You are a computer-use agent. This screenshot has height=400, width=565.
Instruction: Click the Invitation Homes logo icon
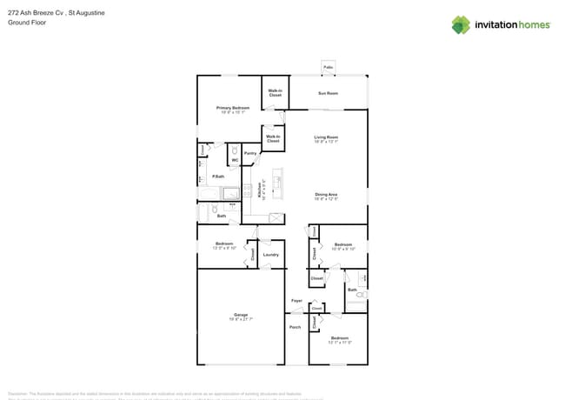pos(461,24)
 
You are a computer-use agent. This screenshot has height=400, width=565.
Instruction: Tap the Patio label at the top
pos(328,67)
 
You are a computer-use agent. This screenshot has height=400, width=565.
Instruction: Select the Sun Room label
pos(328,93)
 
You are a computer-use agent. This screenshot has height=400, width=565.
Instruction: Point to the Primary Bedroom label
pos(233,108)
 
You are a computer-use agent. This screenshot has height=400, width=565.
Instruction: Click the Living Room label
pos(326,137)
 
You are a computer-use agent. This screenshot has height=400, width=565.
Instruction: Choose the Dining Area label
pos(326,195)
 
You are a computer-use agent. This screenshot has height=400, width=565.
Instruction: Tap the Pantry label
pos(250,153)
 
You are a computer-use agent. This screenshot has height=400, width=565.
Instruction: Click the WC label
pos(235,160)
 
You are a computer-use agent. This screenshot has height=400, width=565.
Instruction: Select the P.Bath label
pos(218,177)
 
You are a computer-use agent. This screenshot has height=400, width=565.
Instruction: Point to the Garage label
pos(241,315)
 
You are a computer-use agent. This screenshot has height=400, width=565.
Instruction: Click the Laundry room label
pos(270,255)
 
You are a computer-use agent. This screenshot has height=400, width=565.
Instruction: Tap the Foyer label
pos(296,301)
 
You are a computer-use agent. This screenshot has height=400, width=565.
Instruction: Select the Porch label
pos(295,328)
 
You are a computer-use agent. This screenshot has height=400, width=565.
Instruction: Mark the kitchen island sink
pos(278,182)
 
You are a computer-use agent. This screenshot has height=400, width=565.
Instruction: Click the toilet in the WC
pos(235,150)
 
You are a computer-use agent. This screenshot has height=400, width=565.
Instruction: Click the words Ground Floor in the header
pos(25,23)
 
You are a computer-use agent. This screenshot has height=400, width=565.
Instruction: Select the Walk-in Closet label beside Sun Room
pos(275,93)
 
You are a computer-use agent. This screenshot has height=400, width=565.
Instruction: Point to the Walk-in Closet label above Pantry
pos(273,138)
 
